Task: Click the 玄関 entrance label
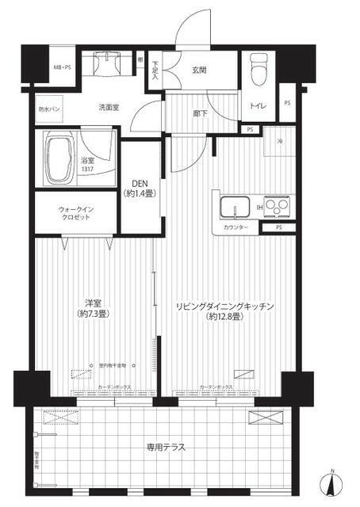(199, 69)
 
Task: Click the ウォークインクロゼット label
(75, 215)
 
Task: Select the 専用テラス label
(167, 447)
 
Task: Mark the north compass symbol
(331, 483)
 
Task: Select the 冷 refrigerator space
(279, 143)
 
